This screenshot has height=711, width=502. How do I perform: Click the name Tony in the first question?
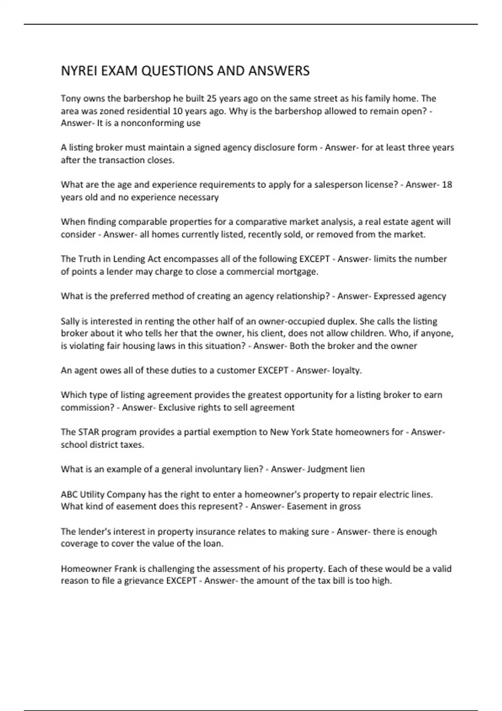click(71, 99)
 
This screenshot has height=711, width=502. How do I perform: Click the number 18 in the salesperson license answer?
click(447, 184)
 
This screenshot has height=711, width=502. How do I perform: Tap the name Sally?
click(70, 322)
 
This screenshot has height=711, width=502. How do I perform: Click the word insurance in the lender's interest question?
click(218, 532)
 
